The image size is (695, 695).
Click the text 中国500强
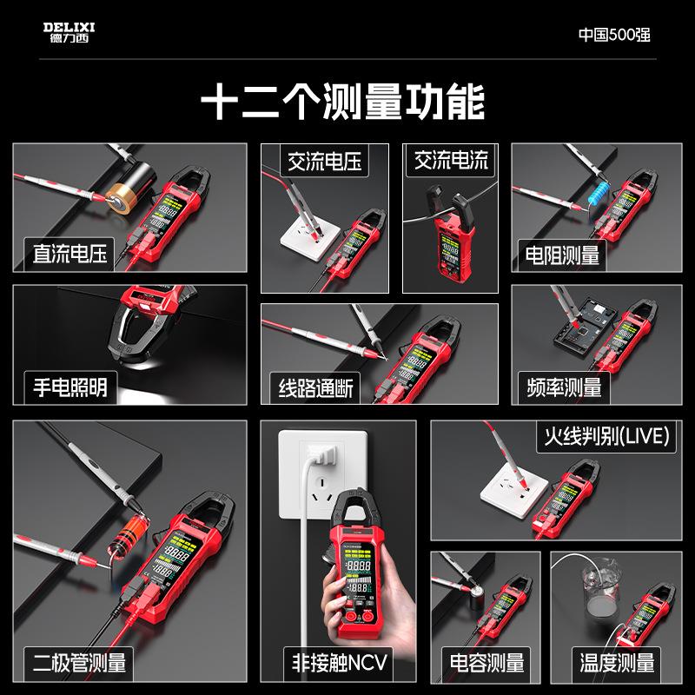pos(614,35)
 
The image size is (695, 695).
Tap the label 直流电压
pos(69,255)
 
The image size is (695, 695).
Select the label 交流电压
pos(324,161)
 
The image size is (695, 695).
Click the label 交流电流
pos(451,161)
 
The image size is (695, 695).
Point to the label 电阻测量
pos(563,255)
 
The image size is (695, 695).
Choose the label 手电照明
pos(69,386)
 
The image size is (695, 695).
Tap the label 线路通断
pos(315,387)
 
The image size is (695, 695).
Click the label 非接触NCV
pos(333,664)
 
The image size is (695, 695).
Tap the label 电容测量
pos(482,664)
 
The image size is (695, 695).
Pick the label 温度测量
pos(617,664)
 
